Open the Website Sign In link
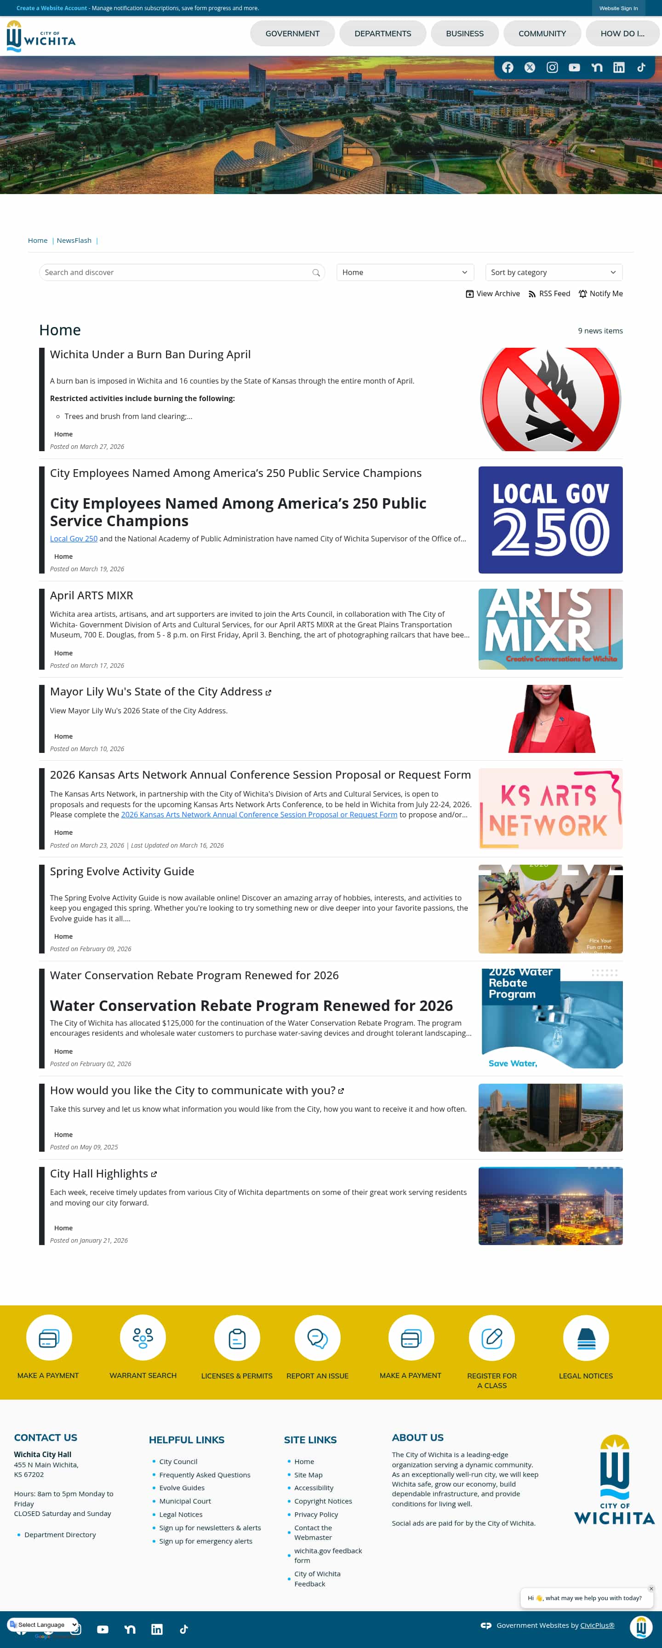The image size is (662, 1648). pos(618,8)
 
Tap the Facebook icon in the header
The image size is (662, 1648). pos(507,67)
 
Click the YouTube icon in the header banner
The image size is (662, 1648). pos(574,67)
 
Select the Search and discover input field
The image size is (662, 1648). pos(176,273)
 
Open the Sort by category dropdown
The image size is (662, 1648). pos(553,273)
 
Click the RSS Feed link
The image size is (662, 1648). pos(549,293)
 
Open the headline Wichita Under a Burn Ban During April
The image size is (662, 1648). pos(150,355)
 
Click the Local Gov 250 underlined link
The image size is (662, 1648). pos(74,539)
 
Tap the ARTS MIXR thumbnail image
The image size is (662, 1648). pos(550,629)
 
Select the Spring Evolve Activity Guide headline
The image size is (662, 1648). pos(121,871)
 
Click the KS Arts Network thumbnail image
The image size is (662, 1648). pos(550,809)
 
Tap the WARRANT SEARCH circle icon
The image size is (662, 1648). pos(143,1338)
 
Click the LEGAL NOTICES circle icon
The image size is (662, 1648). pos(585,1338)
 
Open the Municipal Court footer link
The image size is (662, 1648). pos(185,1501)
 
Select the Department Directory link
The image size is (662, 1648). pos(60,1535)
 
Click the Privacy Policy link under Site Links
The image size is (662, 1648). pos(316,1514)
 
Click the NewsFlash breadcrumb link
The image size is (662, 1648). pos(74,241)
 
